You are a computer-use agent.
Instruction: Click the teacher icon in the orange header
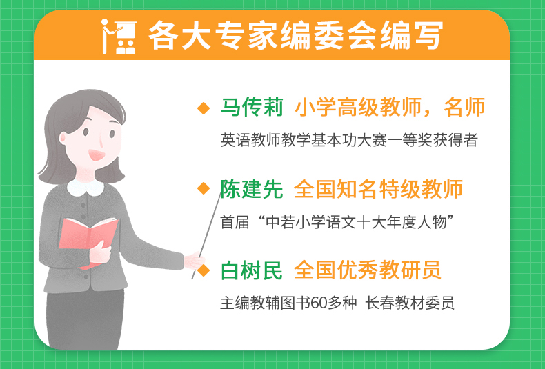pos(119,37)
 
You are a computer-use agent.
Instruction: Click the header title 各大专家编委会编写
pos(296,36)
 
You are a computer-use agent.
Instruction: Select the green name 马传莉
pos(252,107)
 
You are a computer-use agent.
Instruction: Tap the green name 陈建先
pos(252,189)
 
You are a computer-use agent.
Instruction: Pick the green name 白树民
pos(252,270)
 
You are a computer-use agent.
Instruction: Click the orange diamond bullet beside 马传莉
pos(204,108)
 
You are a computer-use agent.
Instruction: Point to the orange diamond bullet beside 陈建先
pos(204,189)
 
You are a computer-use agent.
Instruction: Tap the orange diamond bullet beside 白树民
pos(204,270)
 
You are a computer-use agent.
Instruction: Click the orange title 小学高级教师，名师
pos(390,107)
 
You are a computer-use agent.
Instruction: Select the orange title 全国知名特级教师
pos(378,189)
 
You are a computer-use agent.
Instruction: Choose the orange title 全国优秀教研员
pos(368,270)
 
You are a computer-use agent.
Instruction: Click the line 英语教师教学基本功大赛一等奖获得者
pos(349,140)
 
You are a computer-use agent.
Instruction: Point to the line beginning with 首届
pos(337,222)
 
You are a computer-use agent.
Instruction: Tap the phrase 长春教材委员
pos(410,303)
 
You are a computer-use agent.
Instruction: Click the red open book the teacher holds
pos(88,241)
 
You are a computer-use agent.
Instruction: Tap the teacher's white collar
pos(86,188)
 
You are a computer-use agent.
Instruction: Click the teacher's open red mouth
pos(97,154)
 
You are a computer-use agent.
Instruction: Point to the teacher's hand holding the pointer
pos(193,261)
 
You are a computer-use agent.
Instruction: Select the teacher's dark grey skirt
pos(85,319)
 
